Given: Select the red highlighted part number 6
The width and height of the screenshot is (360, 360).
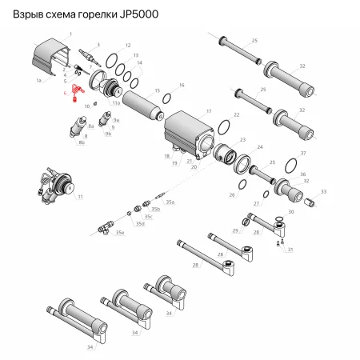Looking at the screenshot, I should coord(76,91).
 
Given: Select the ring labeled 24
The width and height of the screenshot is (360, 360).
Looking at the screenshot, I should coord(242,164).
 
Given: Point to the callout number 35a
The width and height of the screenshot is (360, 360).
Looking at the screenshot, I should coord(170,203).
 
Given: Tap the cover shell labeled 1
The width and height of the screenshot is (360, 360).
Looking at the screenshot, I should coord(51,60).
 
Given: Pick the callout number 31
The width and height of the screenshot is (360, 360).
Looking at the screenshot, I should coord(290,250).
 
